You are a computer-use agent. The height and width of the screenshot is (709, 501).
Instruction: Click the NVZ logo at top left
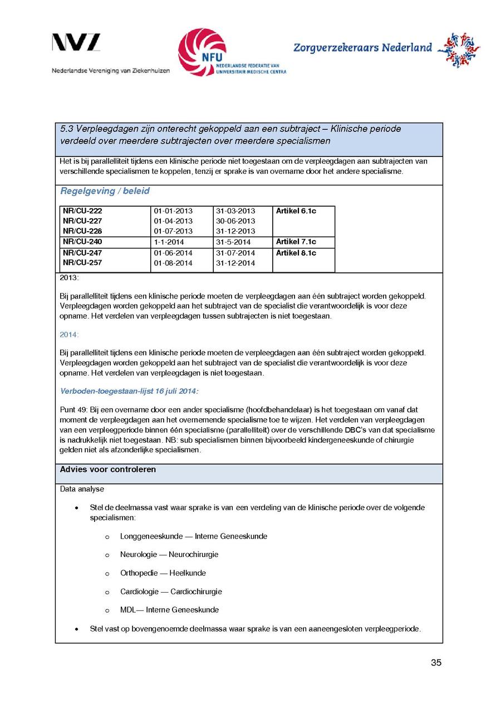point(76,43)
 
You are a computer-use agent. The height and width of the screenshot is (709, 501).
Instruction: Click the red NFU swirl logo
point(202,52)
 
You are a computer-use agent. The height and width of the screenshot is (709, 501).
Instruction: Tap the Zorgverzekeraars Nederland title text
point(362,48)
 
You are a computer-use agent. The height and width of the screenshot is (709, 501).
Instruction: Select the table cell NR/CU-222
point(82,211)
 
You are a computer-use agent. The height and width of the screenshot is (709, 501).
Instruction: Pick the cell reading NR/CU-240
point(82,242)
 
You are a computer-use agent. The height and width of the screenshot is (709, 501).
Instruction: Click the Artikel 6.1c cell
point(296,211)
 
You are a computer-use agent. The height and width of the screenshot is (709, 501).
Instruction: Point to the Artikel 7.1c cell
point(296,242)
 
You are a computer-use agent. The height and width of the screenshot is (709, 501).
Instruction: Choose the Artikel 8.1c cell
point(296,253)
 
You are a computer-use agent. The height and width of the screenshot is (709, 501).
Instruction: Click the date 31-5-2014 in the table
point(233,242)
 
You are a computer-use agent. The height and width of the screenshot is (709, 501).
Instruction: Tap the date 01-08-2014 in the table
point(173,263)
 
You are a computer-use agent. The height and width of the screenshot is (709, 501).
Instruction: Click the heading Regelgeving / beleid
point(105,191)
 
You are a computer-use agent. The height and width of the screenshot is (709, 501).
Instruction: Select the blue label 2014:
point(69,335)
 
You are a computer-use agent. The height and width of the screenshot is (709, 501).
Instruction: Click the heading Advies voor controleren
point(108,470)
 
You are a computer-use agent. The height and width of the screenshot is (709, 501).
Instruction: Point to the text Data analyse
point(82,489)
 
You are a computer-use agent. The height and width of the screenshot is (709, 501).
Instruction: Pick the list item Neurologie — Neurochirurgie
point(169,555)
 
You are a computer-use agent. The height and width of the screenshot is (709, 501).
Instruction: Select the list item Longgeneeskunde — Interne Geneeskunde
point(194,536)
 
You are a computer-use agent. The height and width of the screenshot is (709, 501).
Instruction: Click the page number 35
point(436,662)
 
